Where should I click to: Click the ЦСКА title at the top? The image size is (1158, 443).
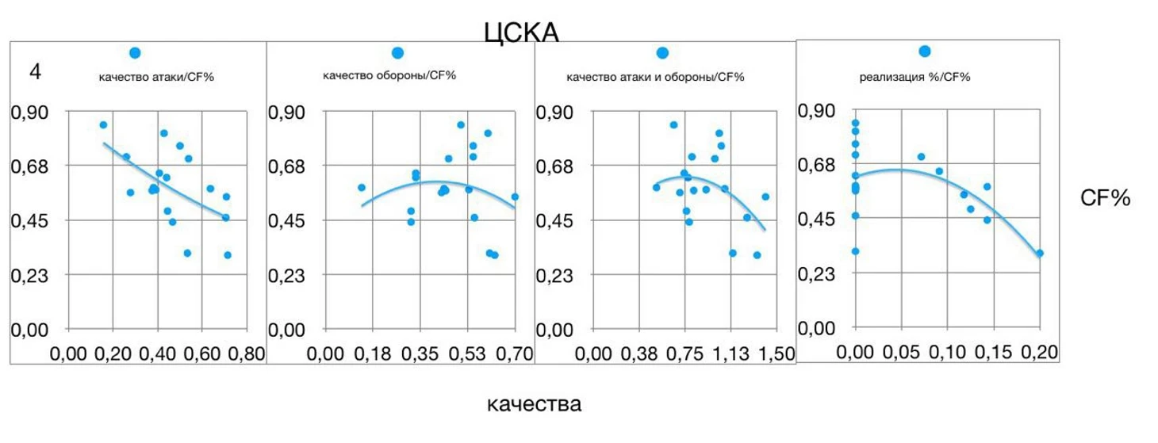521,32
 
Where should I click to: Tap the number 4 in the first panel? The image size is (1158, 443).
34,71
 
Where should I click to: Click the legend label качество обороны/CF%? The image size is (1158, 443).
389,75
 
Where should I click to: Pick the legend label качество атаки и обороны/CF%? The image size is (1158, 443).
655,77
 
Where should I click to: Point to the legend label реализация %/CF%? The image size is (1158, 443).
915,77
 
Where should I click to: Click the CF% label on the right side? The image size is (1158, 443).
1105,199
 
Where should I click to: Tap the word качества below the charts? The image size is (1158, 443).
534,404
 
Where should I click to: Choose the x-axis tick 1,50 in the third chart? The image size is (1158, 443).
777,354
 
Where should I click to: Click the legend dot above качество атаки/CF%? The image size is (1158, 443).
135,53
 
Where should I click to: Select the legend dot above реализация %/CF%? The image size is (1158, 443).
924,52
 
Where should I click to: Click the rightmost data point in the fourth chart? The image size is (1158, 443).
1039,254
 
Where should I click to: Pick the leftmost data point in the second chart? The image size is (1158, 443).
362,188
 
